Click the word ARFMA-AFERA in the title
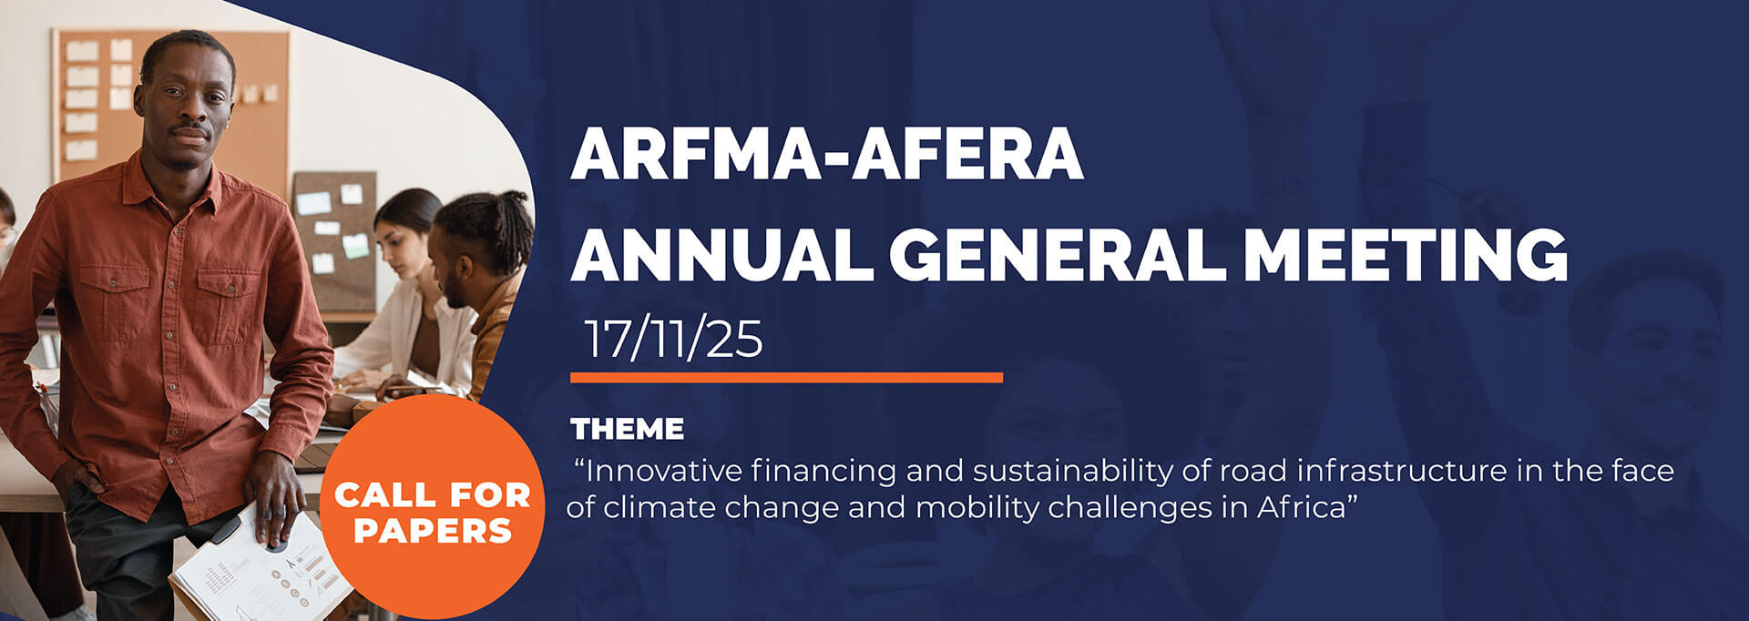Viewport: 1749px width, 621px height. tap(826, 154)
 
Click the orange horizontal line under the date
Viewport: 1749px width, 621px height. tap(786, 377)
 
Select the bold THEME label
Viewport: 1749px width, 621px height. tap(627, 429)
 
